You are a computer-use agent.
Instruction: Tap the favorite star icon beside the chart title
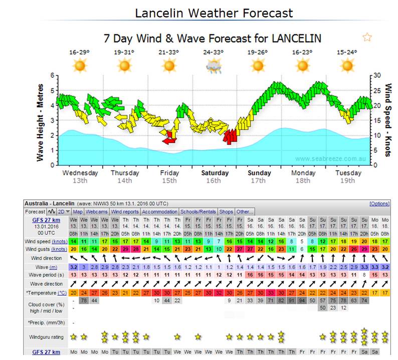(367, 38)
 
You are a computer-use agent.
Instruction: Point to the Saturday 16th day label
(215, 176)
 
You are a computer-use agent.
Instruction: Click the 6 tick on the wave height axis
(52, 76)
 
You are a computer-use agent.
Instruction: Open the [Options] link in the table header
(379, 204)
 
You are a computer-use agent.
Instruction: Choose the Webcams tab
(96, 212)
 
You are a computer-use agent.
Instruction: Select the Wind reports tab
(125, 212)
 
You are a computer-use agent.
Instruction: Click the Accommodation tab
(159, 212)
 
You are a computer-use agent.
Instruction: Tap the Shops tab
(227, 212)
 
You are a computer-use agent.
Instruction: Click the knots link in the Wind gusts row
(59, 249)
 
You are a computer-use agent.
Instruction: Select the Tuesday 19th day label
(348, 176)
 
